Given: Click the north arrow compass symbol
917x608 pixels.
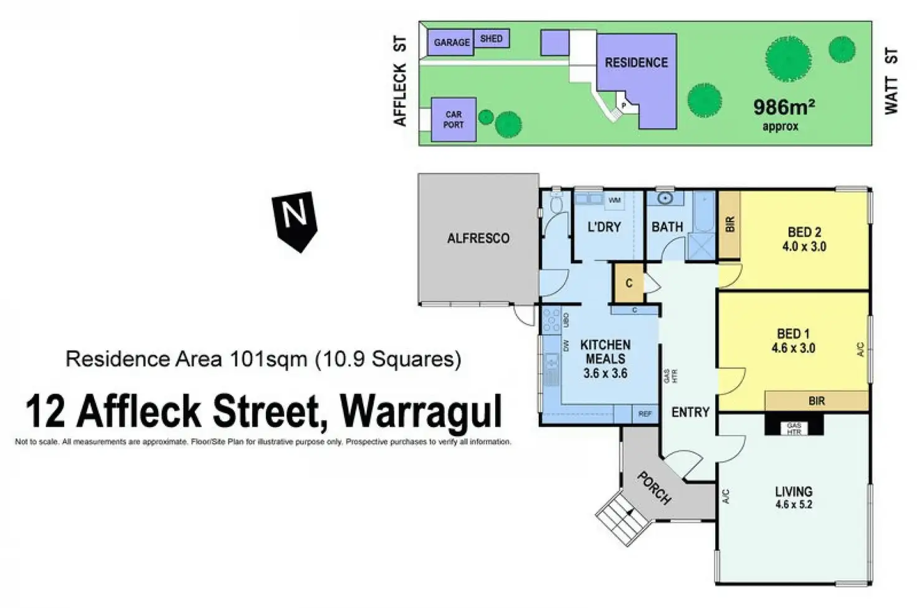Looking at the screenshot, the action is [x=295, y=219].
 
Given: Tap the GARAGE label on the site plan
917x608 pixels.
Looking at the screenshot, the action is [x=452, y=42].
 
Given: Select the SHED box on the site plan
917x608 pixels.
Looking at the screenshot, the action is [x=492, y=39].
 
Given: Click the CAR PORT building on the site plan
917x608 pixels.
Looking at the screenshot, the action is [x=454, y=119].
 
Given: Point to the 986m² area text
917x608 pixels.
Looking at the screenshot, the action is [x=784, y=107].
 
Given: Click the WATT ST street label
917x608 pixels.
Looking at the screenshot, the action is [x=891, y=82].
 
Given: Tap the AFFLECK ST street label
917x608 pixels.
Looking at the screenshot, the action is [x=401, y=82].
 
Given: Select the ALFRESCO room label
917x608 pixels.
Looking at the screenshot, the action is [x=478, y=238].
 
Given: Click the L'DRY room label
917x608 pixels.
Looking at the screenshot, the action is [x=604, y=227].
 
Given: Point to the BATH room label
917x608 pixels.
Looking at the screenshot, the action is [x=667, y=227].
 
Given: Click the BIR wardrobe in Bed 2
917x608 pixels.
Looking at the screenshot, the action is [x=729, y=225].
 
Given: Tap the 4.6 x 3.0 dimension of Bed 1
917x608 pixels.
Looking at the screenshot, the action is [x=793, y=348].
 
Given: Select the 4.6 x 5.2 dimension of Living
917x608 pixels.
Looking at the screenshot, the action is [x=794, y=505].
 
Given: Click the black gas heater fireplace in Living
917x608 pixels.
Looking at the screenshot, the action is [x=794, y=427].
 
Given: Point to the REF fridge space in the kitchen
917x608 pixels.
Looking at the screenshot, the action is [x=645, y=414].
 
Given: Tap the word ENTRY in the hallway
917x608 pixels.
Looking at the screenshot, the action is [x=690, y=412].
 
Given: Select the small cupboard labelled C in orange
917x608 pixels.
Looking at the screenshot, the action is [x=629, y=283].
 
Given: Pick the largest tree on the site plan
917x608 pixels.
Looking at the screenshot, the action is [x=788, y=60].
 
